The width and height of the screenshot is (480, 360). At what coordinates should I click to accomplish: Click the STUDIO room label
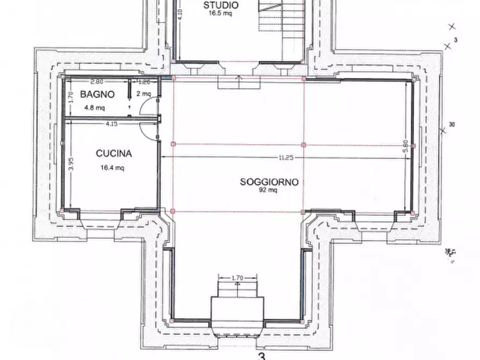221,5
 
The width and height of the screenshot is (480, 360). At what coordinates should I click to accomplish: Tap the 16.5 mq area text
221,14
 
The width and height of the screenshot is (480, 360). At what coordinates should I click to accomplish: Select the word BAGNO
97,94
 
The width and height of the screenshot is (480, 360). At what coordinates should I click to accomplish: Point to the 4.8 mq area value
95,107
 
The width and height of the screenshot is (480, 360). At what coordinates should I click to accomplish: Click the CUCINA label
113,154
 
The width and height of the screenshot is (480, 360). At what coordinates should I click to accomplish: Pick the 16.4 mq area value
112,167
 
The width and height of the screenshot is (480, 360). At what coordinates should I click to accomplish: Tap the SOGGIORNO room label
269,182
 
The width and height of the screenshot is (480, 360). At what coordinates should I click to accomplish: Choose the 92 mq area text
268,191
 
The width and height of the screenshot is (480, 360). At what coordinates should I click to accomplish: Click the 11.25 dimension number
285,157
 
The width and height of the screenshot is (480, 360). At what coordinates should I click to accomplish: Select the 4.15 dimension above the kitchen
112,124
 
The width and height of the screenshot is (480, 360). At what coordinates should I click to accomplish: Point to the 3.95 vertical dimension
70,164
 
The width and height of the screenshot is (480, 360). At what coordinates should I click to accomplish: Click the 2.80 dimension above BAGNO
97,82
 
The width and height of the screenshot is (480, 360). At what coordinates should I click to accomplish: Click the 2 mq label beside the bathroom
144,94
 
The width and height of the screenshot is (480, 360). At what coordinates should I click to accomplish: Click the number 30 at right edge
452,125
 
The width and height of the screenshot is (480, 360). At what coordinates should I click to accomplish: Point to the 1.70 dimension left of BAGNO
70,96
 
